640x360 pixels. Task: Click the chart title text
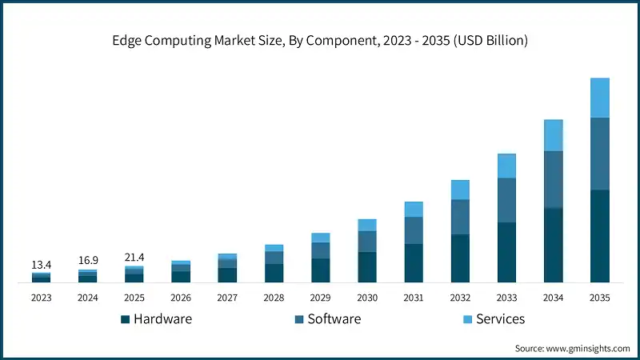click(x=319, y=40)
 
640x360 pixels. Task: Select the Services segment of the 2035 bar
click(x=599, y=98)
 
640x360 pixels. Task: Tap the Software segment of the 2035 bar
click(x=599, y=154)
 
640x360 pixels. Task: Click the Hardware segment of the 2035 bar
click(x=599, y=236)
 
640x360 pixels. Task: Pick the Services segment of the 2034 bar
click(x=553, y=135)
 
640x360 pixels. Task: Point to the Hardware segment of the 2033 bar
click(x=506, y=252)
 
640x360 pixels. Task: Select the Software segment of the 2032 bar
click(x=460, y=217)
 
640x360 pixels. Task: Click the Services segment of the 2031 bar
click(x=414, y=209)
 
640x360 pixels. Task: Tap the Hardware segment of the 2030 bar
click(x=367, y=267)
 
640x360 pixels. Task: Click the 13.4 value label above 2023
click(x=41, y=265)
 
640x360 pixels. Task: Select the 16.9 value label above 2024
click(x=87, y=261)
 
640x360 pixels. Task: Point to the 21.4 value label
click(x=134, y=257)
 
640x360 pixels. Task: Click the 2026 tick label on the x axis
click(x=180, y=298)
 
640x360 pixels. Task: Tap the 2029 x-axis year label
click(x=320, y=298)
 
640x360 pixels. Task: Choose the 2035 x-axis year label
click(x=599, y=298)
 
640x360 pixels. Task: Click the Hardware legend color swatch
click(x=125, y=319)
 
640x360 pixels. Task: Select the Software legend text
click(x=334, y=319)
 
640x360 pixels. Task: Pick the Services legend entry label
click(x=500, y=319)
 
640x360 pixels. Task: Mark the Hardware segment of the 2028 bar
click(x=274, y=273)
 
